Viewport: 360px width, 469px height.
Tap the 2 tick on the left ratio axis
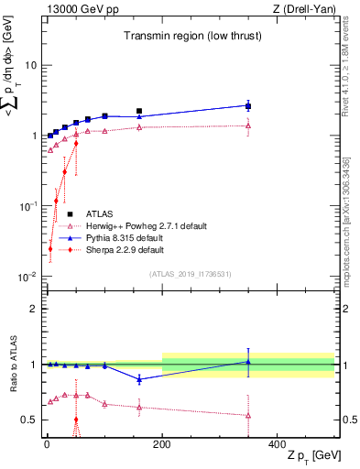35,309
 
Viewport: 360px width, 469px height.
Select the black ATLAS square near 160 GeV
139,111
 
